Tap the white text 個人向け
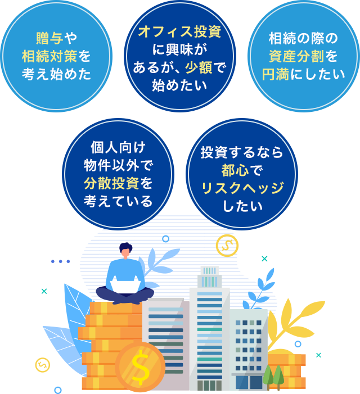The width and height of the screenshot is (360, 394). click(118, 147)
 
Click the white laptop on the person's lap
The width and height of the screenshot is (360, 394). click(125, 287)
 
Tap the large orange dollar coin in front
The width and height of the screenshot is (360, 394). click(139, 367)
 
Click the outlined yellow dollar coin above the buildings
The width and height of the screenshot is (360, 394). click(227, 246)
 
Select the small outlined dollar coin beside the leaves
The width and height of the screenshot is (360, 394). click(42, 364)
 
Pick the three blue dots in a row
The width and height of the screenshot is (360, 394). click(60, 261)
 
